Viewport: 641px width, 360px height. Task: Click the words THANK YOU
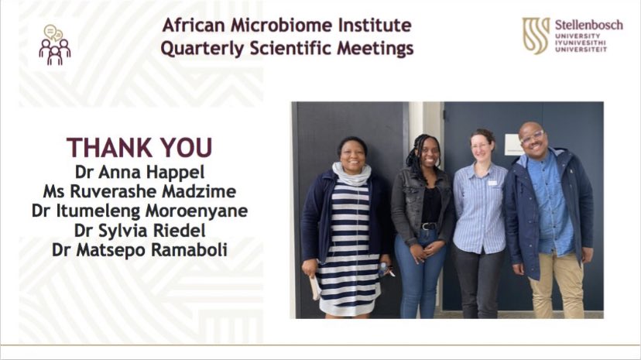click(139, 147)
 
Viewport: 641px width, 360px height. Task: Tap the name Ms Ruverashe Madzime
click(139, 189)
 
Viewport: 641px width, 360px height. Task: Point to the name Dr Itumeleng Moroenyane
click(139, 210)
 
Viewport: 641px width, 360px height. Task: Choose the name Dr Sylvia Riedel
click(139, 230)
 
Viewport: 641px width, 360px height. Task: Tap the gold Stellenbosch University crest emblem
click(536, 36)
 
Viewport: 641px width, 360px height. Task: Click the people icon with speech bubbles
click(54, 45)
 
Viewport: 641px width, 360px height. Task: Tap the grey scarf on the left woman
click(351, 175)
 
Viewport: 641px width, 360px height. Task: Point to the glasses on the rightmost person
click(533, 138)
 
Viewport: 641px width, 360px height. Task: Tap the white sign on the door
click(513, 144)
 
